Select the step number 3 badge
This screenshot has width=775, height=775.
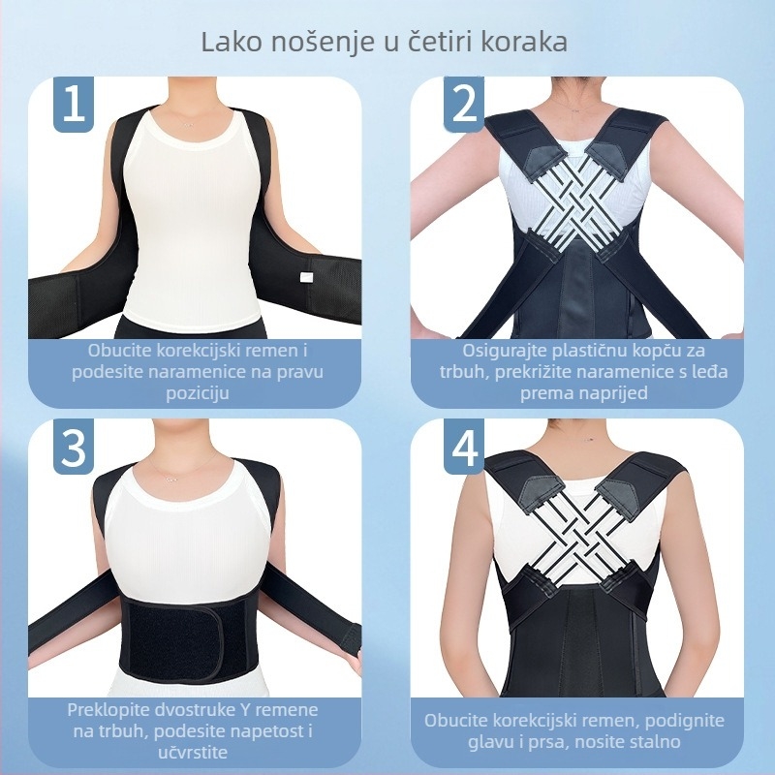(x=73, y=446)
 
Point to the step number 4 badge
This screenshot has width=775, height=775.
(x=465, y=446)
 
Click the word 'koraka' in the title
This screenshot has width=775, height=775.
(x=522, y=44)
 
